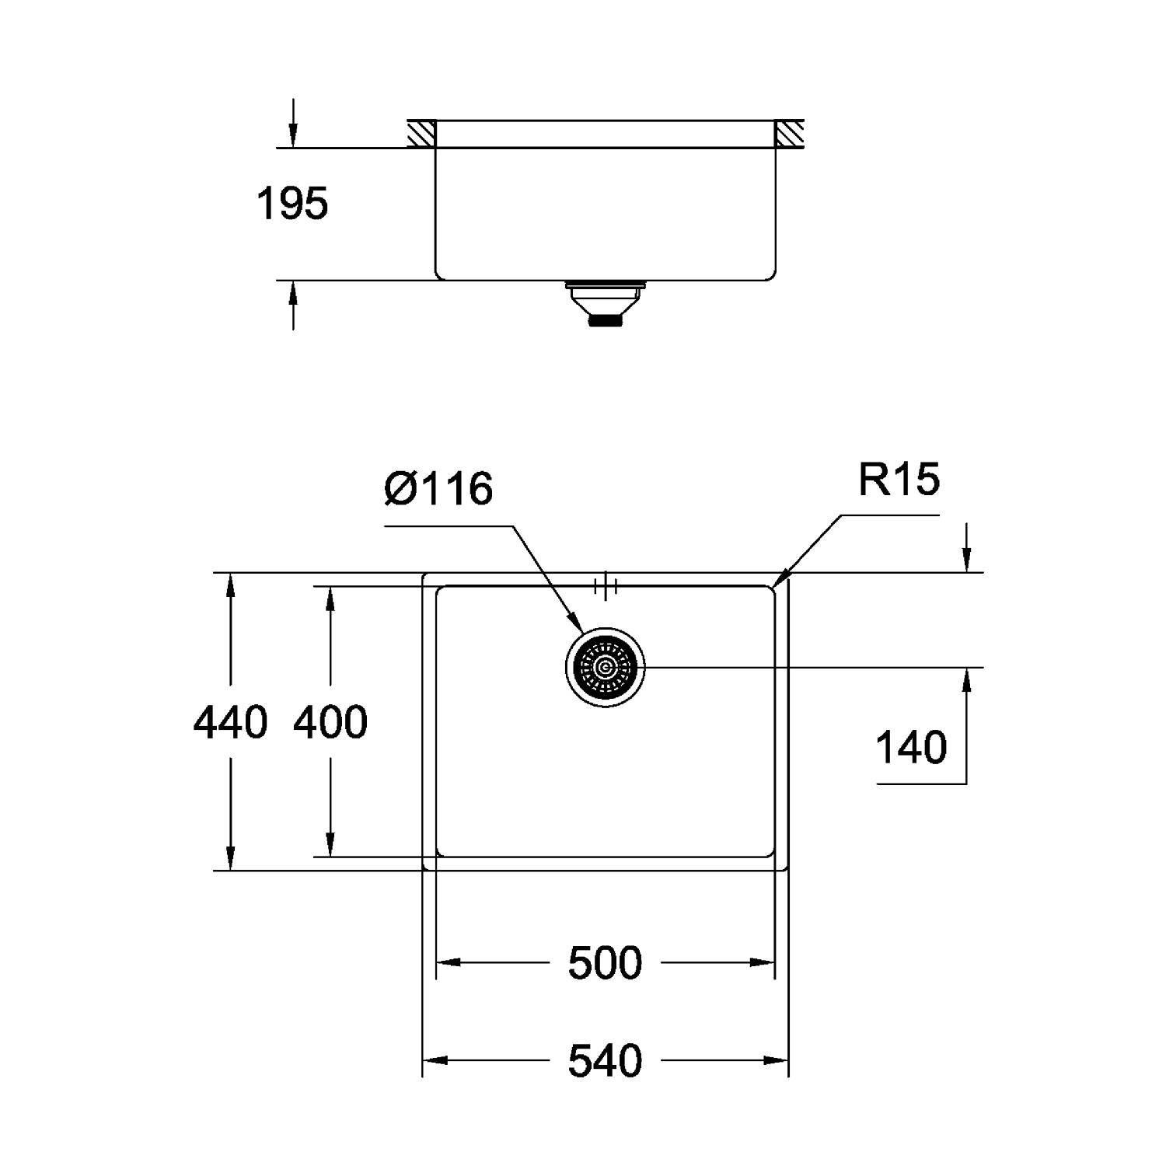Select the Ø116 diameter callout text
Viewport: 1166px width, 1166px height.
click(x=438, y=489)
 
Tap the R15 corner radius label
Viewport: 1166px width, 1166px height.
click(x=899, y=480)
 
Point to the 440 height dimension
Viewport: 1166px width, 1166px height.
click(x=230, y=722)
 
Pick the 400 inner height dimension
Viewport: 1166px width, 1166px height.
click(x=330, y=722)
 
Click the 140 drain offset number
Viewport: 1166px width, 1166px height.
click(x=911, y=747)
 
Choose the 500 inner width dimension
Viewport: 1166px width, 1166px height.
click(x=605, y=963)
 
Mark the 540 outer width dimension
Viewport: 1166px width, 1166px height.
click(x=605, y=1061)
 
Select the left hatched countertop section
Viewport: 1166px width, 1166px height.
click(x=421, y=134)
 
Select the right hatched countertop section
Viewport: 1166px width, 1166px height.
click(x=789, y=134)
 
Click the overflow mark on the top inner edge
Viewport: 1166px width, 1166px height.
click(x=605, y=587)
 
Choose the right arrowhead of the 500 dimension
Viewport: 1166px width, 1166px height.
click(x=765, y=963)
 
